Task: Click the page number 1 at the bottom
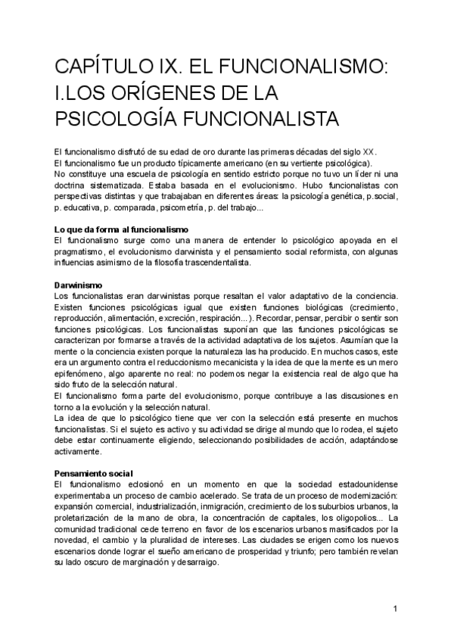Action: point(395,609)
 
